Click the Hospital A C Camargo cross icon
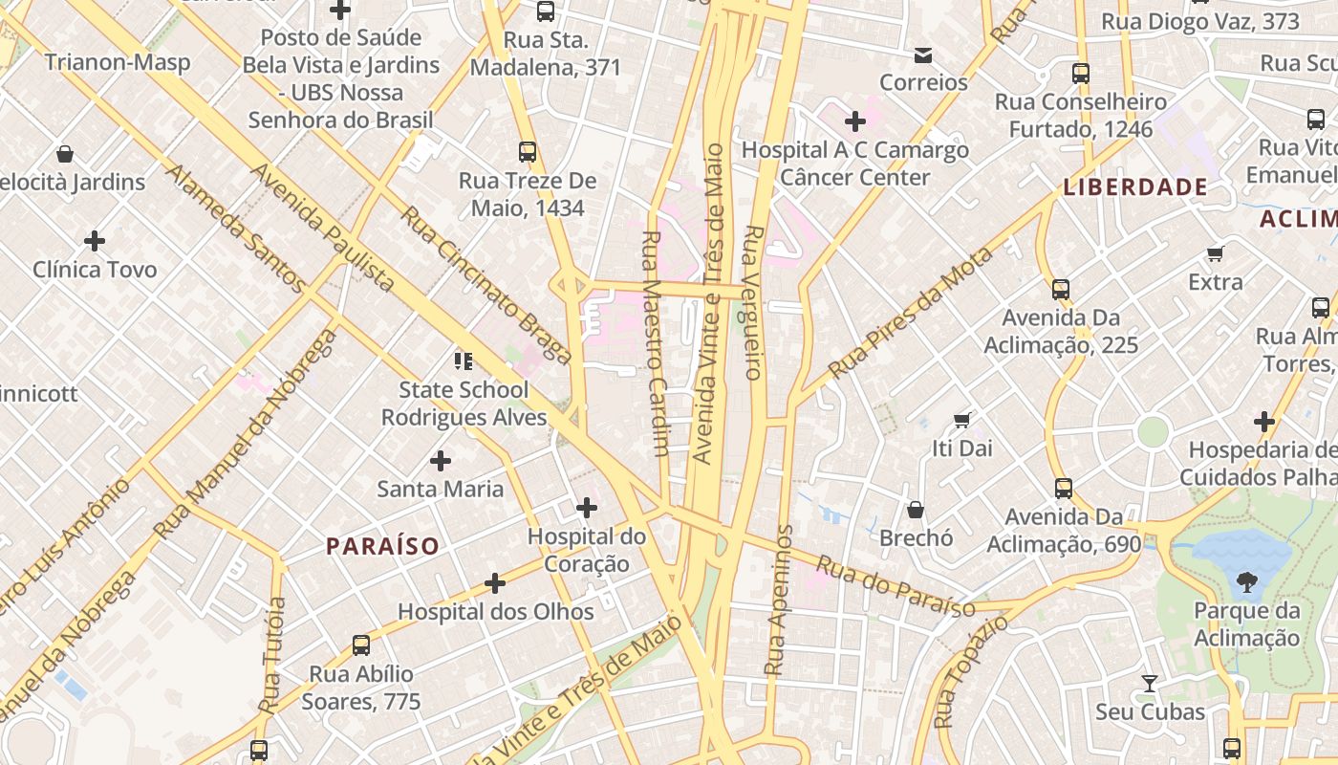pyautogui.click(x=855, y=121)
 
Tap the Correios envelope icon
pyautogui.click(x=923, y=55)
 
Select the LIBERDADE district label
pyautogui.click(x=1135, y=187)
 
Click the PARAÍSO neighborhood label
pyautogui.click(x=382, y=547)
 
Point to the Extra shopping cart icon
pyautogui.click(x=1216, y=253)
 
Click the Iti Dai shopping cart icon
pyautogui.click(x=962, y=420)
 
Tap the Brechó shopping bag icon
pyautogui.click(x=916, y=510)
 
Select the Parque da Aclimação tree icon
pyautogui.click(x=1246, y=580)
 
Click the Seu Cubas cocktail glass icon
pyautogui.click(x=1150, y=684)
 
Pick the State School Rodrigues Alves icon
pyautogui.click(x=464, y=361)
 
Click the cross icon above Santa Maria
pyautogui.click(x=441, y=461)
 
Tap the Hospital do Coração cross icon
pyautogui.click(x=587, y=507)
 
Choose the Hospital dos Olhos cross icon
pyautogui.click(x=495, y=582)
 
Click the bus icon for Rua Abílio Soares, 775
pyautogui.click(x=361, y=645)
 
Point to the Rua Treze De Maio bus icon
pyautogui.click(x=528, y=151)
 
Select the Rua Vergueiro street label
pyautogui.click(x=753, y=302)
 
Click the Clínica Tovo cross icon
pyautogui.click(x=95, y=241)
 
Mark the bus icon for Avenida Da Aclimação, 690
pyautogui.click(x=1064, y=489)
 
